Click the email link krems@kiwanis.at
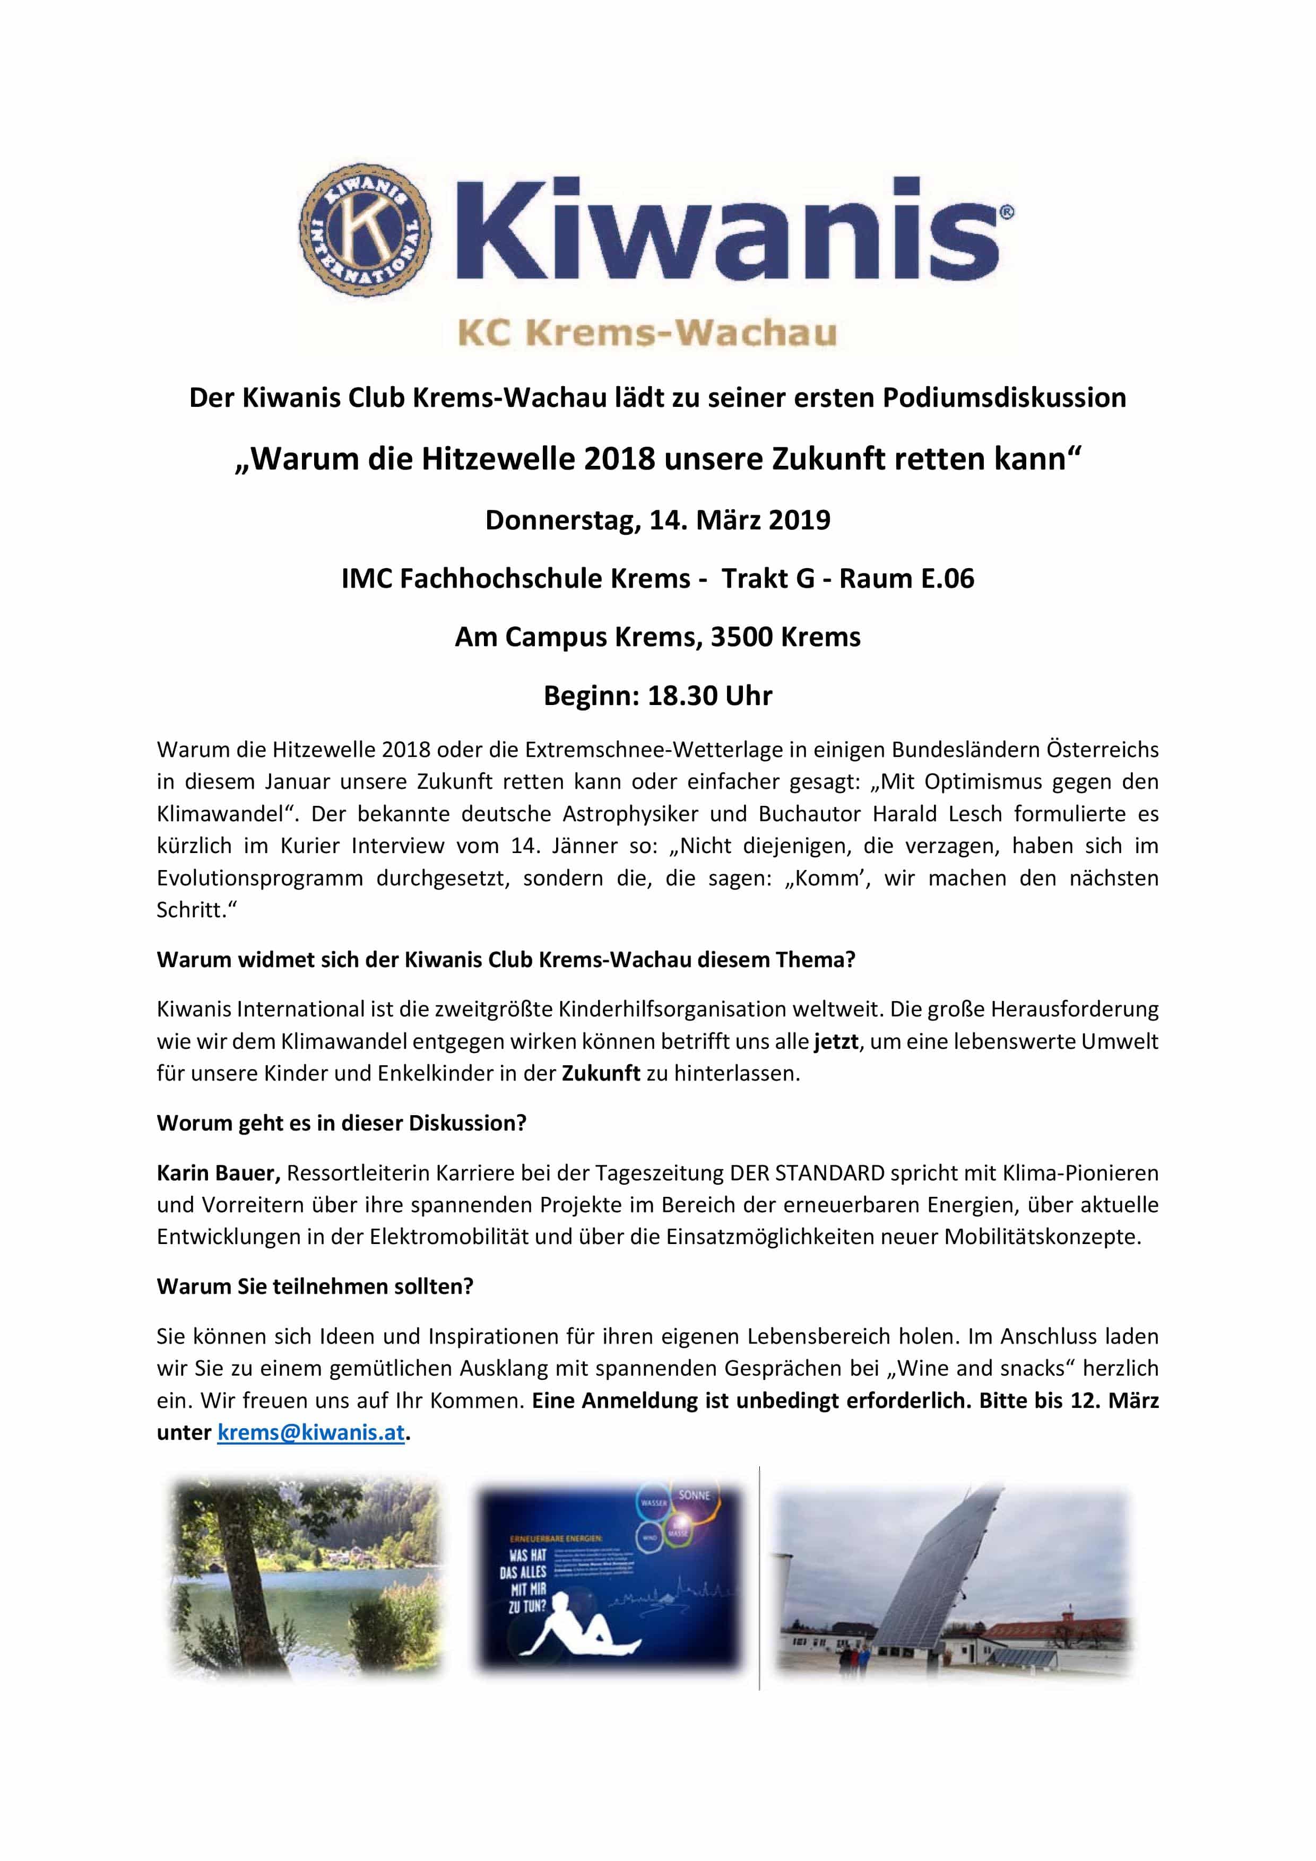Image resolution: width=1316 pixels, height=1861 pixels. point(310,1432)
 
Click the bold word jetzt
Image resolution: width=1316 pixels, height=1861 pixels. point(835,1041)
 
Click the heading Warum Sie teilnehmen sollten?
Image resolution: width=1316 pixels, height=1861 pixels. point(315,1286)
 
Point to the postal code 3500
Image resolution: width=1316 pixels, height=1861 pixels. point(741,637)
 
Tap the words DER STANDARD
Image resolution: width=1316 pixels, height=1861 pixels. point(806,1173)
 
